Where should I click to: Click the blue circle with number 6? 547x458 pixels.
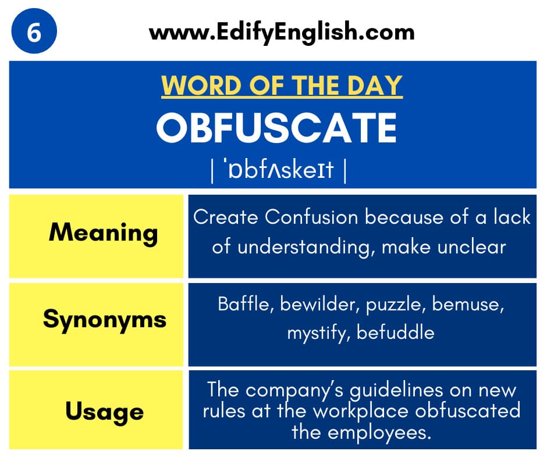tap(34, 31)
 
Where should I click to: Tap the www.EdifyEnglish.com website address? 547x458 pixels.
tap(282, 32)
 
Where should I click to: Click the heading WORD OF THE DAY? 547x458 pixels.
tap(282, 85)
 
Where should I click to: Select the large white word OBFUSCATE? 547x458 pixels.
tap(276, 127)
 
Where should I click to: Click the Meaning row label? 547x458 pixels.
tap(103, 233)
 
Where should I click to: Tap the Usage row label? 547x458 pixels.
tap(104, 412)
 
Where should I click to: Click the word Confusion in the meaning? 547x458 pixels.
tap(311, 217)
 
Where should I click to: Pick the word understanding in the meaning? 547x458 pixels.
tap(304, 247)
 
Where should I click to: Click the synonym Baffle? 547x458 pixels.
tap(243, 304)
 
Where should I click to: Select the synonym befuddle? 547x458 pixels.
tap(395, 332)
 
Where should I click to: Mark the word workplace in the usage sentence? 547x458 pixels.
tap(360, 412)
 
